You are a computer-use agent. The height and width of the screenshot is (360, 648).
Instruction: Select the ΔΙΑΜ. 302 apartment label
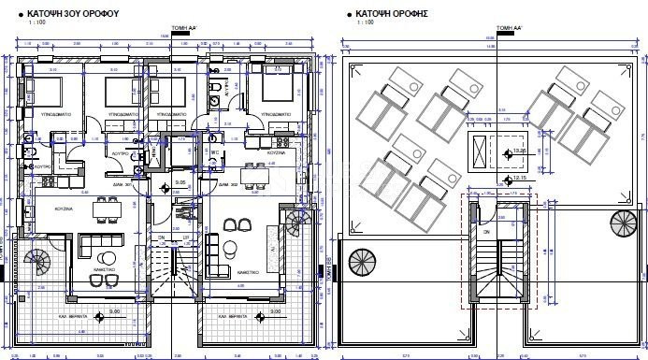[229, 185]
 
